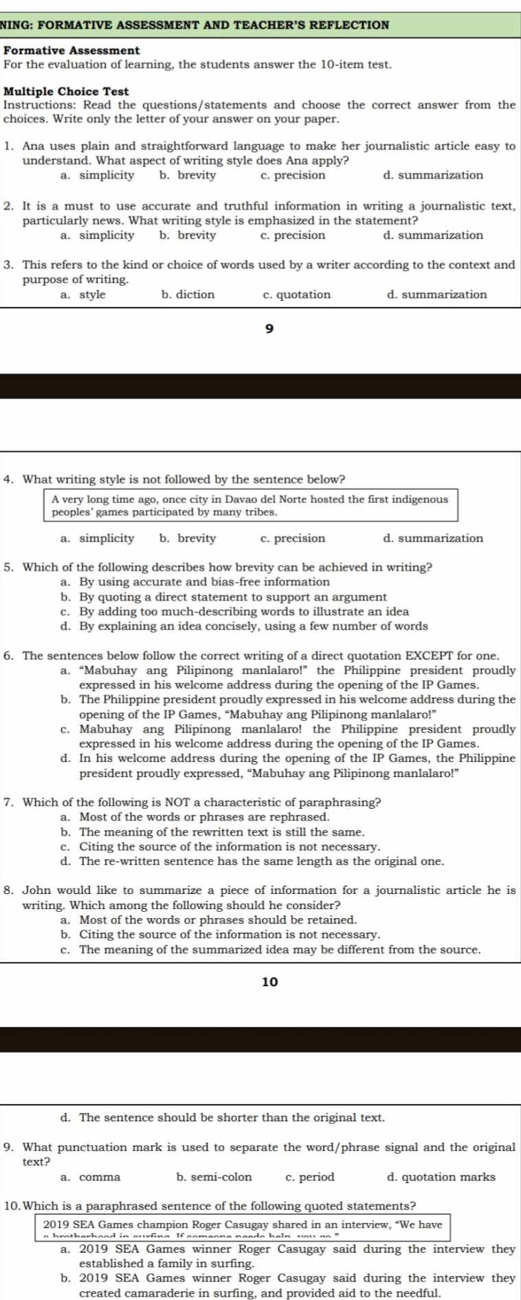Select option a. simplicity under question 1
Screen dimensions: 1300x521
pos(98,175)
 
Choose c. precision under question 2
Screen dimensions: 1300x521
pos(293,235)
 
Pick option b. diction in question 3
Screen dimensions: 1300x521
pos(188,295)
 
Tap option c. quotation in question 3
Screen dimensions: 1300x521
pos(296,295)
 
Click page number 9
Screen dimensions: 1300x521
pos(269,329)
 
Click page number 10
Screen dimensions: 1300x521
pos(270,982)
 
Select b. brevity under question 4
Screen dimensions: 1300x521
pos(188,538)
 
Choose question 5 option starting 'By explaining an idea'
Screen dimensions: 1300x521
pos(245,626)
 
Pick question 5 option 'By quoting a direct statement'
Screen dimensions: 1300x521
pos(224,596)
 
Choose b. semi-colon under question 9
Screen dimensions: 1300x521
pos(214,1177)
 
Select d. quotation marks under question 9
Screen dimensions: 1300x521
pos(441,1177)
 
